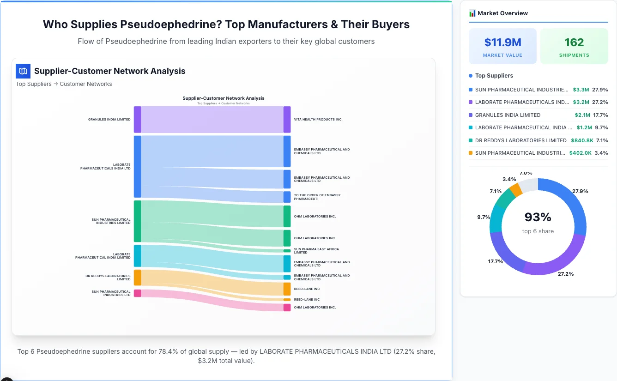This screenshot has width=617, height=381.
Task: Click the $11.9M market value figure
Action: pyautogui.click(x=502, y=42)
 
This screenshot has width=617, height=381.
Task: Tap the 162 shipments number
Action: pyautogui.click(x=574, y=42)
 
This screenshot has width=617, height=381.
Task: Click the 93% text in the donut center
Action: pyautogui.click(x=538, y=217)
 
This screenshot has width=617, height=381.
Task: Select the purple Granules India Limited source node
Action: pyautogui.click(x=137, y=120)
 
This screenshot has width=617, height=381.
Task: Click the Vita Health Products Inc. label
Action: pyautogui.click(x=318, y=120)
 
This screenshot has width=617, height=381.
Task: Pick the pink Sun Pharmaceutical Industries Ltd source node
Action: pyautogui.click(x=137, y=293)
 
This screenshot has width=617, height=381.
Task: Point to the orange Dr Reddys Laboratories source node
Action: pyautogui.click(x=137, y=278)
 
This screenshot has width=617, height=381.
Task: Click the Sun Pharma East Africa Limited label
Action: pyautogui.click(x=316, y=251)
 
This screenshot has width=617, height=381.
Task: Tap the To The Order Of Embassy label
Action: pyautogui.click(x=317, y=197)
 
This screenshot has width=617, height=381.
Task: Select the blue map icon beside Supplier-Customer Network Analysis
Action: pyautogui.click(x=23, y=71)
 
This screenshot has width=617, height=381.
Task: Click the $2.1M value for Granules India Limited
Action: pyautogui.click(x=581, y=115)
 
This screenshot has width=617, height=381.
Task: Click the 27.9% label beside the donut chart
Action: pyautogui.click(x=580, y=191)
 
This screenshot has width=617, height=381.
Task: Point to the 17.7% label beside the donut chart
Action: pyautogui.click(x=496, y=261)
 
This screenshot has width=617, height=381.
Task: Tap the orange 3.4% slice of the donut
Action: pyautogui.click(x=516, y=189)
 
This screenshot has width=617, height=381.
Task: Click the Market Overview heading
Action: pyautogui.click(x=502, y=13)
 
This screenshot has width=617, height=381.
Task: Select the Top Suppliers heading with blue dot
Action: pyautogui.click(x=494, y=76)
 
